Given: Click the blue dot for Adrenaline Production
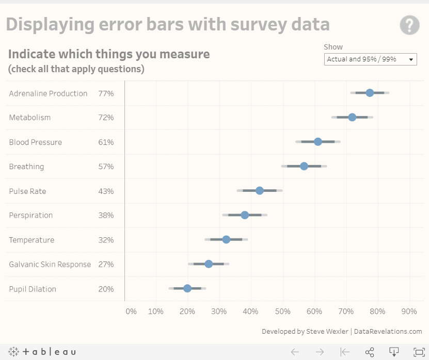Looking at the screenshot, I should pyautogui.click(x=370, y=93).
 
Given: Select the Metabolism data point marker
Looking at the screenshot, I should pyautogui.click(x=352, y=117).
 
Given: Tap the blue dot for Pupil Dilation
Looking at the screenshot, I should pyautogui.click(x=187, y=288).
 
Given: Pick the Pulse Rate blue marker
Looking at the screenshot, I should pyautogui.click(x=260, y=190).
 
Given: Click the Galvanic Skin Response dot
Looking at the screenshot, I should pyautogui.click(x=209, y=264).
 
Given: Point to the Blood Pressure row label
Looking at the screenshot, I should pyautogui.click(x=35, y=142).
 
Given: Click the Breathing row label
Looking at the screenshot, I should pyautogui.click(x=26, y=167).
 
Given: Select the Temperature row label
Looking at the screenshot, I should pyautogui.click(x=31, y=240).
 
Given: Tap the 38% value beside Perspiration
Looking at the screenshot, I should pyautogui.click(x=106, y=215).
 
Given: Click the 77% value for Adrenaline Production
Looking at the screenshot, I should pyautogui.click(x=106, y=93).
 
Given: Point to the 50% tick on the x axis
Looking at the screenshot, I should pyautogui.click(x=282, y=312).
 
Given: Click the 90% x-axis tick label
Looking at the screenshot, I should pyautogui.click(x=409, y=312).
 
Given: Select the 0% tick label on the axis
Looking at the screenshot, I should pyautogui.click(x=131, y=312).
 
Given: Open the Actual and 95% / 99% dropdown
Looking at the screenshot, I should pyautogui.click(x=370, y=59).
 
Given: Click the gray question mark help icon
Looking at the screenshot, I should pyautogui.click(x=409, y=25).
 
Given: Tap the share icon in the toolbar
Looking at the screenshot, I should pyautogui.click(x=370, y=352).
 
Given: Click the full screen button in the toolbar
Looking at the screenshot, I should pyautogui.click(x=419, y=352).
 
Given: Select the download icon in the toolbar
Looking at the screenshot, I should pyautogui.click(x=394, y=352).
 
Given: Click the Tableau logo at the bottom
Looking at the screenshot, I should pyautogui.click(x=42, y=352).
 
